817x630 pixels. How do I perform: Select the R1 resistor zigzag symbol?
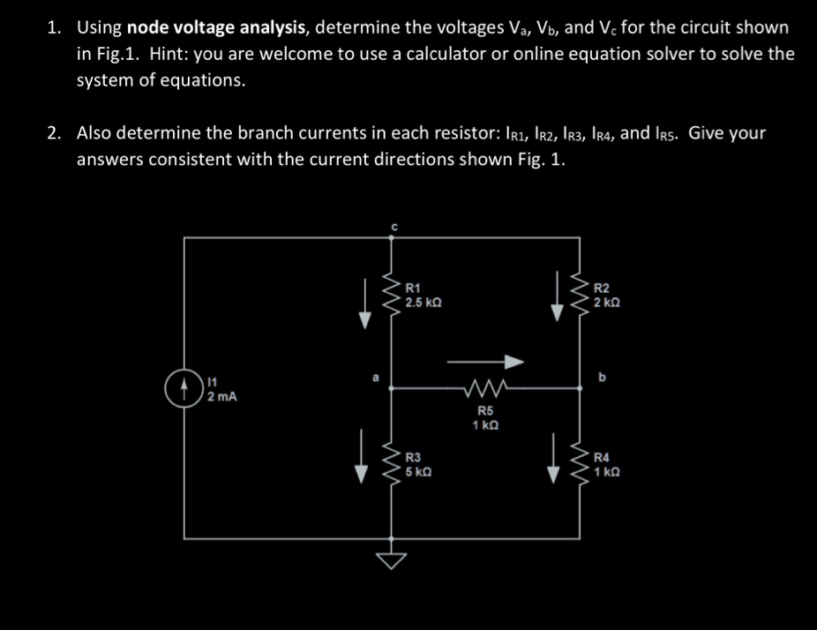[392, 298]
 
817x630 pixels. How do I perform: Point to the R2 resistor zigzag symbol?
[581, 298]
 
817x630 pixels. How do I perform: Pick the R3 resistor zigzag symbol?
[392, 462]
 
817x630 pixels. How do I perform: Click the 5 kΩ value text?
[420, 470]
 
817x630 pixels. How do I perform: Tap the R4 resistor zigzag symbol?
[581, 462]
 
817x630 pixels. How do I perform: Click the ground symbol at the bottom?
[393, 557]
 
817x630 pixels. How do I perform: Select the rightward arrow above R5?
[484, 360]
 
